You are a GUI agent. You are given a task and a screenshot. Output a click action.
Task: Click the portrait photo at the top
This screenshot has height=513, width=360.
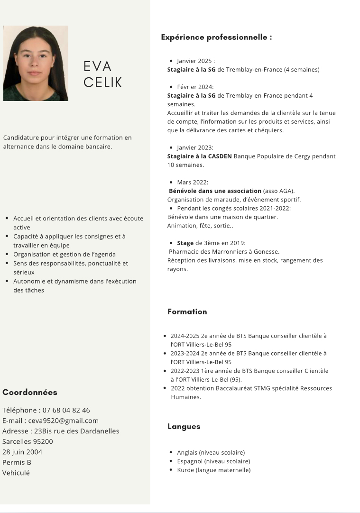[x=36, y=63]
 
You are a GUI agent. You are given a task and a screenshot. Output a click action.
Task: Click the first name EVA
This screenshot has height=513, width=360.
[x=98, y=66]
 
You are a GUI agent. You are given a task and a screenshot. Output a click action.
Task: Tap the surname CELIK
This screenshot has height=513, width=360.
[x=103, y=82]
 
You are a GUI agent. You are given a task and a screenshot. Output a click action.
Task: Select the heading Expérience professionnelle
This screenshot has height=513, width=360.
[x=216, y=37]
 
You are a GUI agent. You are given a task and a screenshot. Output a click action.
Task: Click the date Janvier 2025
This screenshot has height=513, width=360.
[x=196, y=61]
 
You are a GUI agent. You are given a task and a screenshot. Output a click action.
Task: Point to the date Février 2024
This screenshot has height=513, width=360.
[x=195, y=87]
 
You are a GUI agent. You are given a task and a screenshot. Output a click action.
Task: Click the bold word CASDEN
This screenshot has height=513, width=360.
[x=220, y=156]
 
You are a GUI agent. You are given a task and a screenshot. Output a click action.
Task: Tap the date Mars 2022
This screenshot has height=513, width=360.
[x=193, y=182]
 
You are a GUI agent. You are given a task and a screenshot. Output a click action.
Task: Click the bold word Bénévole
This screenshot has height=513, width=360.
[x=184, y=191]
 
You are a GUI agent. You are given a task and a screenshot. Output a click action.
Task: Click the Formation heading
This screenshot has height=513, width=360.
[x=187, y=311]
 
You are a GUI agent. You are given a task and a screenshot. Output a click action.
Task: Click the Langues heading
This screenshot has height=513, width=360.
[x=184, y=426]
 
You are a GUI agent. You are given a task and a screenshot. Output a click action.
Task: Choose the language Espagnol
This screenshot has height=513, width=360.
[x=190, y=461]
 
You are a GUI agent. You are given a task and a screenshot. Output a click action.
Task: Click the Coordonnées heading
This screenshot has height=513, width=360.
[x=30, y=392]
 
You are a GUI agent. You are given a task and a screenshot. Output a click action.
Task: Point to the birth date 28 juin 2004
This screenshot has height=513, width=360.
[x=22, y=452]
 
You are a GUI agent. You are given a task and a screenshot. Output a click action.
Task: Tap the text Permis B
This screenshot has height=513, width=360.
[x=17, y=462]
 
